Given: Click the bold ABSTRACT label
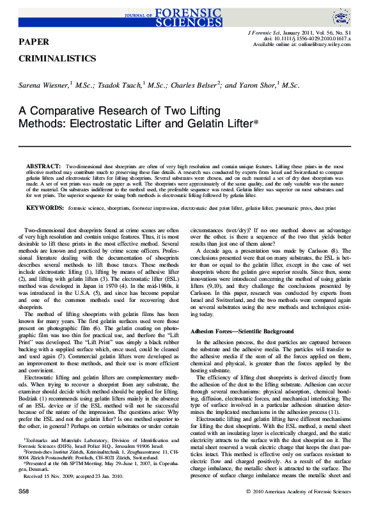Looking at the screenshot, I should pyautogui.click(x=43, y=166).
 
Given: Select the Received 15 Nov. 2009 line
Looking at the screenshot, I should pyautogui.click(x=64, y=476).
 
